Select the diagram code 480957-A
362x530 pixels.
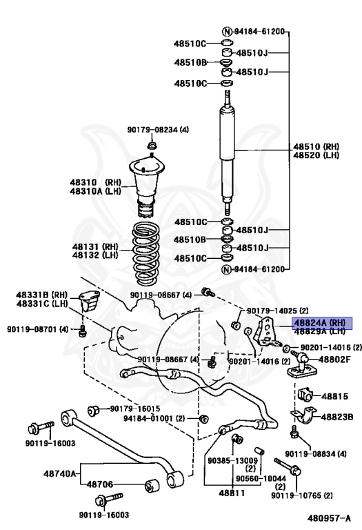tap(329, 518)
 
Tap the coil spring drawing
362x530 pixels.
tap(146, 253)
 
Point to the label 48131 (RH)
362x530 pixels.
tap(95, 247)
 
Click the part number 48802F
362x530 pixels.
tap(334, 360)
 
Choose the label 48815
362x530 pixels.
tap(334, 397)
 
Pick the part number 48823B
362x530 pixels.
tap(336, 417)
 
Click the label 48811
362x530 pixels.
tap(232, 493)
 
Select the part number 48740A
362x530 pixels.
tap(60, 473)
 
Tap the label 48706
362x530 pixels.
tap(100, 484)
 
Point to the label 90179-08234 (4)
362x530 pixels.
tap(158, 130)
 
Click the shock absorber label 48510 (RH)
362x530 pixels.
tap(316, 147)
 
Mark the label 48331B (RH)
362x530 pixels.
tap(42, 295)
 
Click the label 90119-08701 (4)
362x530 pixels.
tap(38, 329)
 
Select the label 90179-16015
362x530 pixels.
tap(135, 409)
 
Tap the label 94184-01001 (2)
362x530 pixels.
tap(154, 418)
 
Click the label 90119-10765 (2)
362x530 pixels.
tap(302, 495)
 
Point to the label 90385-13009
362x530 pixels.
tap(232, 461)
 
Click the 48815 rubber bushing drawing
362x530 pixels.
tap(305, 395)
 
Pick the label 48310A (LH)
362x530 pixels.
tap(96, 191)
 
